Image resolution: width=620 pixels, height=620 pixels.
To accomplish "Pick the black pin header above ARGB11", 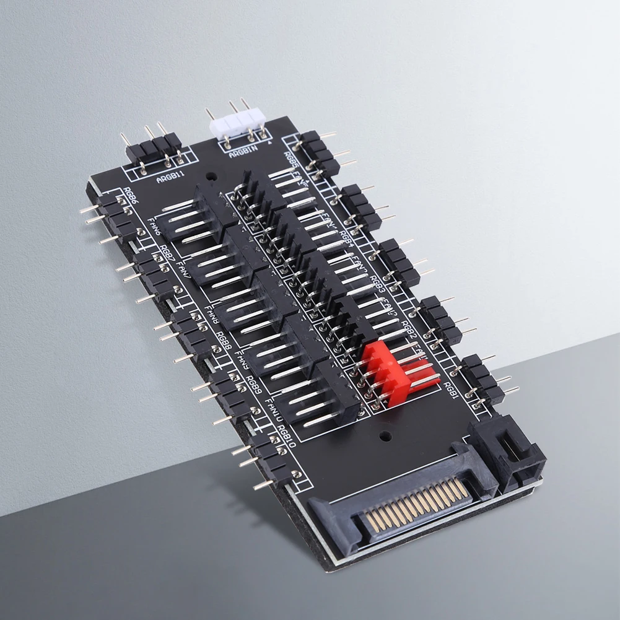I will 154,149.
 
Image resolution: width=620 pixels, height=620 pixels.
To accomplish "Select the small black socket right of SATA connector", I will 508,455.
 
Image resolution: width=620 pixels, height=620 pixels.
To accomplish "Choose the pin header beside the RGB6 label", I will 111,214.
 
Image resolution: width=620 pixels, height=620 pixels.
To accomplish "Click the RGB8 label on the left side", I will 223,341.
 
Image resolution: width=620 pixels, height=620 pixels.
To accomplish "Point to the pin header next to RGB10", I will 266,461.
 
